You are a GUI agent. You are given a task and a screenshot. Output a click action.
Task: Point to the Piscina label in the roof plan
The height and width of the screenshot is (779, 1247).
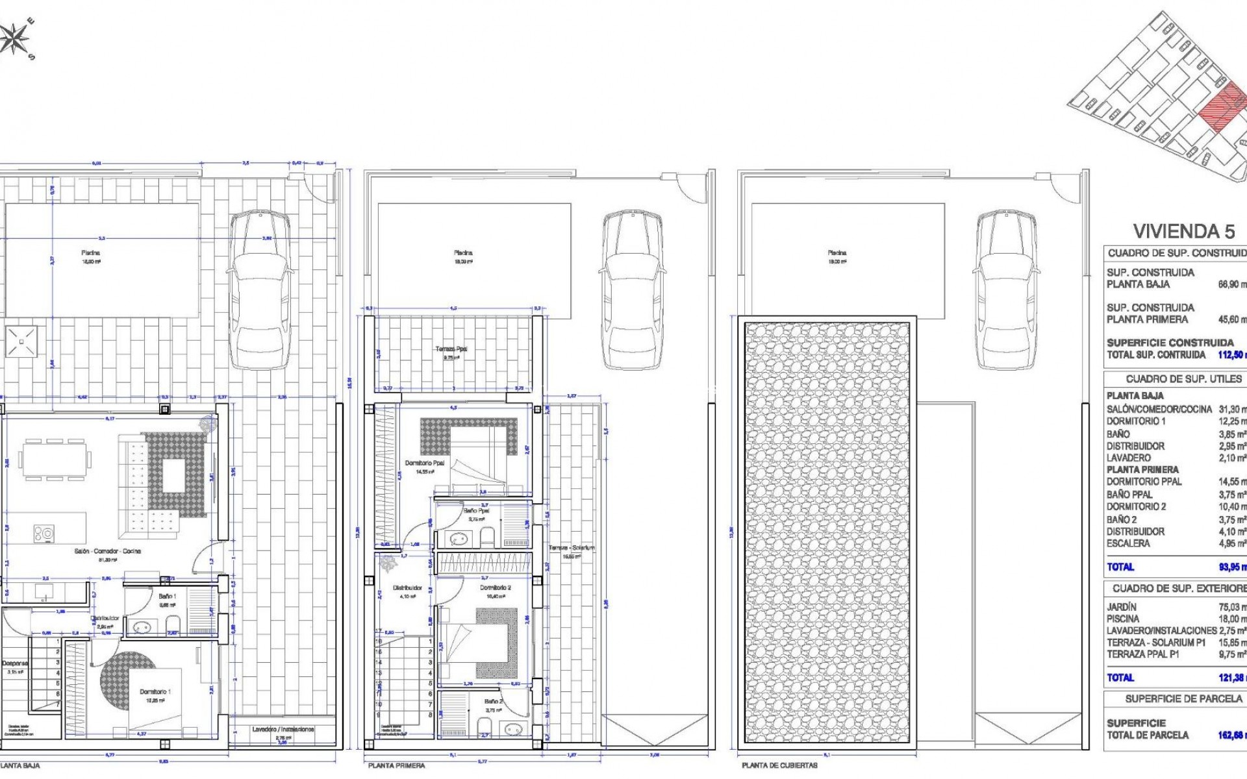tap(837, 253)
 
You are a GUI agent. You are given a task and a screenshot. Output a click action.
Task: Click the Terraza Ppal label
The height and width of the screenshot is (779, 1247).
tap(451, 349)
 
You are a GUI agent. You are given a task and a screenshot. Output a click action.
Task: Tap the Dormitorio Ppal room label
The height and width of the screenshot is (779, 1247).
tap(425, 463)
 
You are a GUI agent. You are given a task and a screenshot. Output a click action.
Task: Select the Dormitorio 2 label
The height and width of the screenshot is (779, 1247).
tap(495, 587)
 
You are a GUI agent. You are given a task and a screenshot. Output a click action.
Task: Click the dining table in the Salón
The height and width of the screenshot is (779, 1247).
tap(55, 460)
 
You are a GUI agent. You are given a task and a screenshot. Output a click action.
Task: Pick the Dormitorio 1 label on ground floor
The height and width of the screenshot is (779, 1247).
tap(155, 692)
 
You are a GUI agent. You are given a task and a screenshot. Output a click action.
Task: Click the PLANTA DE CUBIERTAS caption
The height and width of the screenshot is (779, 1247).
tap(779, 765)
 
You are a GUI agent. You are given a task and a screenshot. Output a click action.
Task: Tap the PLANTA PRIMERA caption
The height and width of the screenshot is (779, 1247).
tap(396, 765)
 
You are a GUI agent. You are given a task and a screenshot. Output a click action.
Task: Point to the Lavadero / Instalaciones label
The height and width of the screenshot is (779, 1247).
tap(283, 729)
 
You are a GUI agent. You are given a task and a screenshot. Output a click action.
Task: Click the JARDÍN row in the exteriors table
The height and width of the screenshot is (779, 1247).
tap(1122, 607)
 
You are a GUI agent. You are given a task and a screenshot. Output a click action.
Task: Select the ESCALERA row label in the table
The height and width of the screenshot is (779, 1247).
tap(1128, 543)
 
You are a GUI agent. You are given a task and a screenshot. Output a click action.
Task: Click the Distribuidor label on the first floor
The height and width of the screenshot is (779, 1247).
tap(407, 587)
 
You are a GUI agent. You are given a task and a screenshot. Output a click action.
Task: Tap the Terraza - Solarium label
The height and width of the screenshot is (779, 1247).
tap(572, 548)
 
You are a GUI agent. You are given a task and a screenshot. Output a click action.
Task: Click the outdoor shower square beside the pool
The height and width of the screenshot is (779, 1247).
tap(21, 341)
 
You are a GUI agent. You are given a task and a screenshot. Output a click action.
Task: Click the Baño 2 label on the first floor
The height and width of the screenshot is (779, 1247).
tap(493, 702)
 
